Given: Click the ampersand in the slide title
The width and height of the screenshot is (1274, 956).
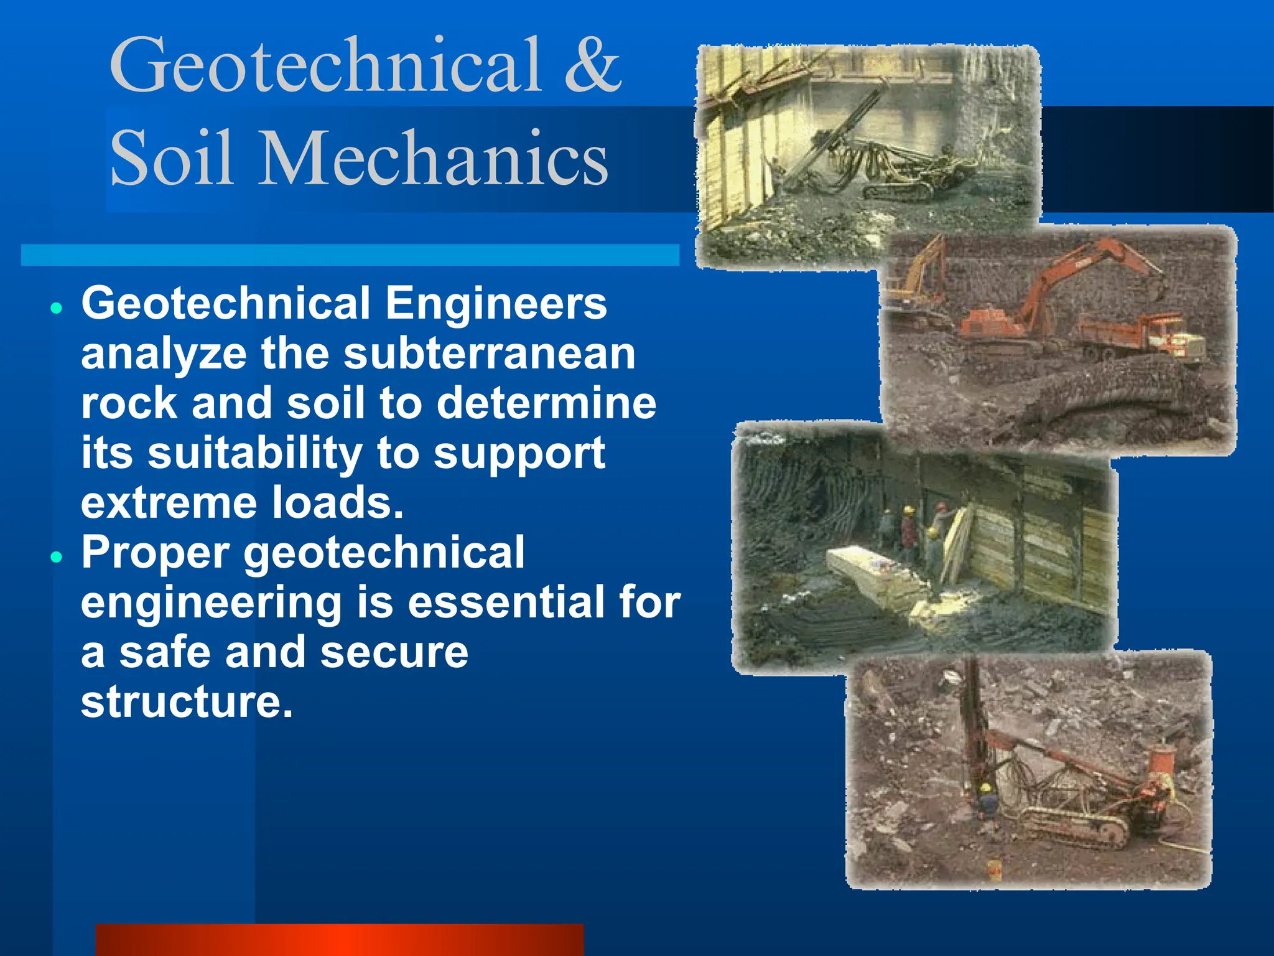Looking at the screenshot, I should (592, 65).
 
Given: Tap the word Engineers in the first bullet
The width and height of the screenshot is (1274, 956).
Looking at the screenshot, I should (496, 304).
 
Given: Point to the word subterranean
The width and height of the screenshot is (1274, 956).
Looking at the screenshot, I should (490, 354).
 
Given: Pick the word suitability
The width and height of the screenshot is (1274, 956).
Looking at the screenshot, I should (255, 453).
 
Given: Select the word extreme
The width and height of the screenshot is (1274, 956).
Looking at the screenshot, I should (167, 503).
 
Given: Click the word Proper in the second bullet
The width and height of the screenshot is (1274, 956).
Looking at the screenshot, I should (155, 553).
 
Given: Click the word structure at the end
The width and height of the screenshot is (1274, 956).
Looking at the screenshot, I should (186, 702).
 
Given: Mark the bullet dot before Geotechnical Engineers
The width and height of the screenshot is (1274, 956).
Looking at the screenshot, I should (57, 307).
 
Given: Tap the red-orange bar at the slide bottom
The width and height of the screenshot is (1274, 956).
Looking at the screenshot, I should (340, 940).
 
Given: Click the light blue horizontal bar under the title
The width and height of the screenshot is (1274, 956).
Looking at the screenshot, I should (350, 255).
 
